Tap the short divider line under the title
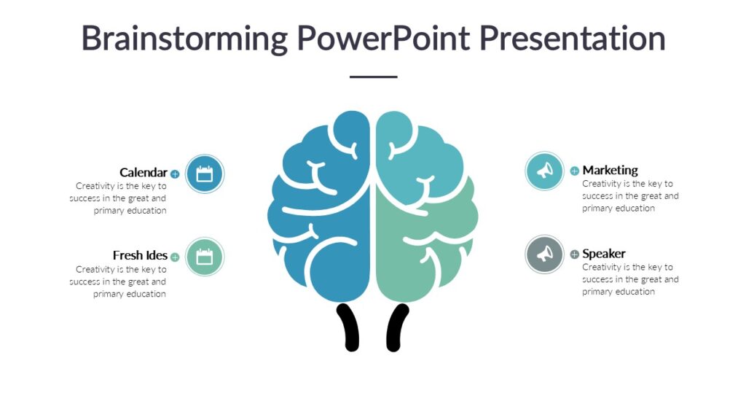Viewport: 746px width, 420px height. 373,77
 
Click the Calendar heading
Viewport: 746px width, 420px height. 144,173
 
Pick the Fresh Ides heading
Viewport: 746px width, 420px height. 140,255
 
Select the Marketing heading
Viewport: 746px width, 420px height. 610,170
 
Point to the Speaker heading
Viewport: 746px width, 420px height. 603,254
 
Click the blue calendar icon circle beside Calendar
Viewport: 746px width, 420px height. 205,174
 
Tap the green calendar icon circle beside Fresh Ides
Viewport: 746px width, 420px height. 205,257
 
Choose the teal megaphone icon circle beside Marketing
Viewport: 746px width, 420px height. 545,171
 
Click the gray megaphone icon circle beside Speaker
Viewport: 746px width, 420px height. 545,254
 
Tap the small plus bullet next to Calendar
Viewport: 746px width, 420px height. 175,174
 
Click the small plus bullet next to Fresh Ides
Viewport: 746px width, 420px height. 175,257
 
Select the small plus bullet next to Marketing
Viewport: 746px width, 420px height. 575,171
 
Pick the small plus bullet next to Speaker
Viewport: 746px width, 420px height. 575,254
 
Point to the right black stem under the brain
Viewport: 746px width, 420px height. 397,327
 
